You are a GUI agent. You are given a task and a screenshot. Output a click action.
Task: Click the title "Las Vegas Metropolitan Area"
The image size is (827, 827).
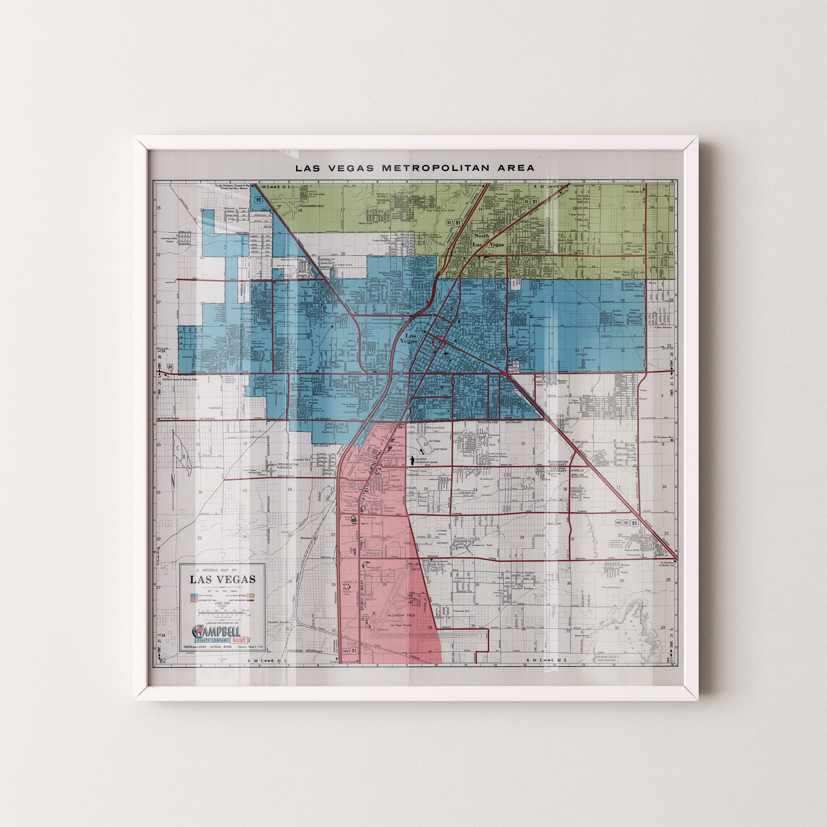click(x=415, y=168)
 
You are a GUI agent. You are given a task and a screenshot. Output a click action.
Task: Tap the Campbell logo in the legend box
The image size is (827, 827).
click(x=217, y=631)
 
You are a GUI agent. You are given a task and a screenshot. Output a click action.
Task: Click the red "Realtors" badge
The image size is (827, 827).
click(x=240, y=640)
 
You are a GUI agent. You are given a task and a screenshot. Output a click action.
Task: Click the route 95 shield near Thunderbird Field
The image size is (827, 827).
click(x=258, y=200)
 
